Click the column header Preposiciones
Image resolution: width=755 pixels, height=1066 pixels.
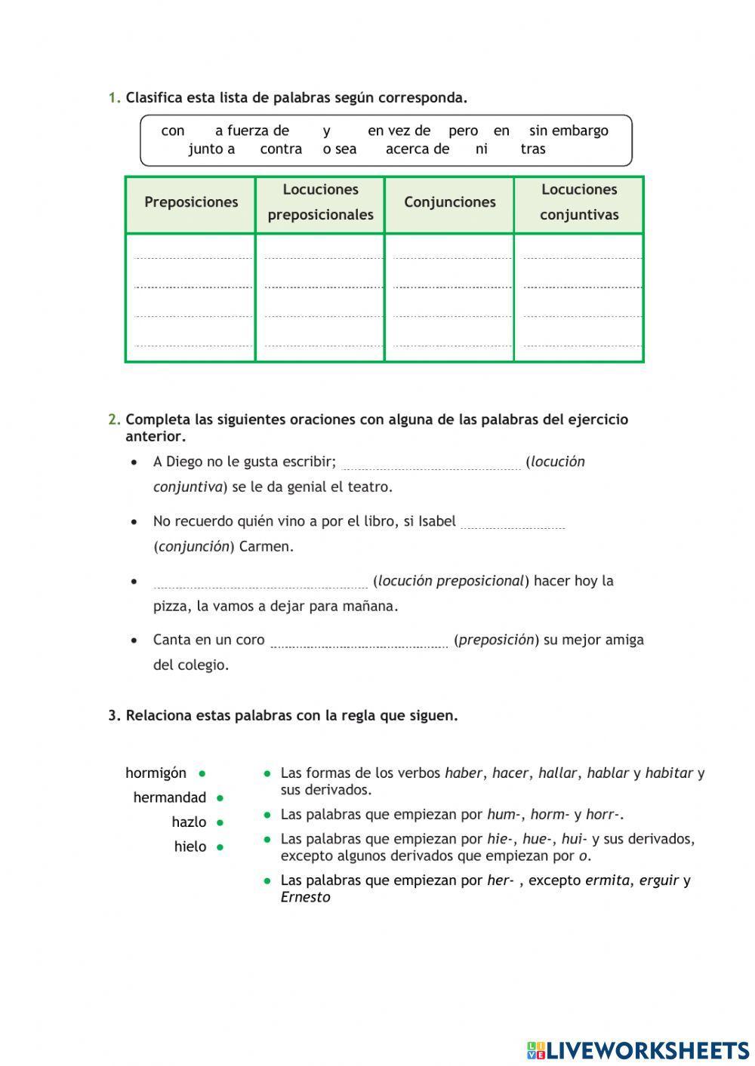(191, 202)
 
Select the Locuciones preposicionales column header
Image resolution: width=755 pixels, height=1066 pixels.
(320, 202)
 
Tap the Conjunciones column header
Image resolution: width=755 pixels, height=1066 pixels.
(449, 202)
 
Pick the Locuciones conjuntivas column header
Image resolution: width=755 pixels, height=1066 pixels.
(579, 202)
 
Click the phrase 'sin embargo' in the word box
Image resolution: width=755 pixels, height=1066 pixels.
(569, 131)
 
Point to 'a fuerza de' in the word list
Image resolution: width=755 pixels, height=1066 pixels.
(251, 131)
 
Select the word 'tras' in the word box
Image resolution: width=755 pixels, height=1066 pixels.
(532, 149)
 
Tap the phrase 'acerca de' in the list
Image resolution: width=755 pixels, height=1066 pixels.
(417, 149)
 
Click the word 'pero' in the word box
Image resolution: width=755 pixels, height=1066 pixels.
(463, 131)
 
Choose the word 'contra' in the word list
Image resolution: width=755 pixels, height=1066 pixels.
(281, 149)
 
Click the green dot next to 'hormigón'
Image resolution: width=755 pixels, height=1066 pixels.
(202, 773)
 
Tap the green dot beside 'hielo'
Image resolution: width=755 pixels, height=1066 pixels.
(220, 847)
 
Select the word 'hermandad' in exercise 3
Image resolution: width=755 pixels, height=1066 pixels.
(169, 797)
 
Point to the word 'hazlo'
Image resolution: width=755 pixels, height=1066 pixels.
(189, 822)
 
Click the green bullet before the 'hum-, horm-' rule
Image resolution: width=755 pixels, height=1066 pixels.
(267, 815)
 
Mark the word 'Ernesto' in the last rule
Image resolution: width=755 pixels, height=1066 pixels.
(305, 897)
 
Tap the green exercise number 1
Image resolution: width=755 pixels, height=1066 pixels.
(114, 97)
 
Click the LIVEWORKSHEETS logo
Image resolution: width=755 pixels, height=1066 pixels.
(638, 1049)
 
